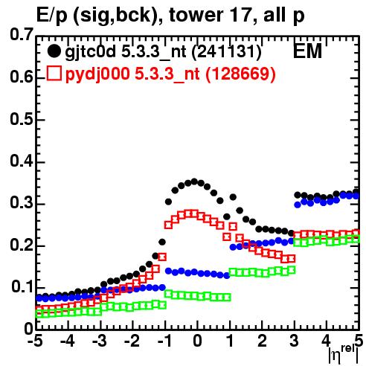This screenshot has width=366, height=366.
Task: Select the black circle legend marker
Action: (54, 51)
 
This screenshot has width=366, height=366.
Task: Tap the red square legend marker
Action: (54, 74)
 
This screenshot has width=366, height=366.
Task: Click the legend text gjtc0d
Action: (90, 52)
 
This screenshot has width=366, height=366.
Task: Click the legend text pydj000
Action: (97, 74)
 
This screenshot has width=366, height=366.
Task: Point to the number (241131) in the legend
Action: (227, 52)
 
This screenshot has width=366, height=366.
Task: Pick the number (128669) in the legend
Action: (240, 74)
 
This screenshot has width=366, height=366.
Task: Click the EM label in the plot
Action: (307, 51)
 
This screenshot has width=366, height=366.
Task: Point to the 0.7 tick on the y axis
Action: (22, 34)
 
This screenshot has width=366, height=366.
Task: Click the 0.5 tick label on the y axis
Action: (22, 119)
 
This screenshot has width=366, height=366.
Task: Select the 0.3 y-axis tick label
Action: (22, 203)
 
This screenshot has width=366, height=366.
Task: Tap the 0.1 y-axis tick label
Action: (22, 287)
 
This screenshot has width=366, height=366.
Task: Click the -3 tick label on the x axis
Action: (100, 341)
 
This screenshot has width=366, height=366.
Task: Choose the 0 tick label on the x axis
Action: (197, 341)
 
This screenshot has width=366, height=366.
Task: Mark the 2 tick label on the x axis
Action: (262, 341)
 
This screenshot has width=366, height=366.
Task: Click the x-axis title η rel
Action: (344, 355)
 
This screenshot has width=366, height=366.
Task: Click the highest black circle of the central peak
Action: (194, 182)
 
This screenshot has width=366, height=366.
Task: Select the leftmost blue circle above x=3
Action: (298, 205)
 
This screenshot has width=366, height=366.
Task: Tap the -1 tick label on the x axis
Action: (164, 341)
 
